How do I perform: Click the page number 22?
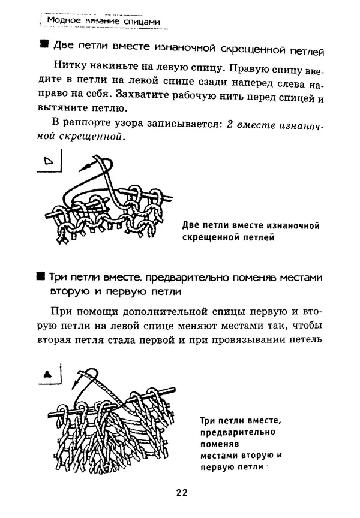(x=182, y=493)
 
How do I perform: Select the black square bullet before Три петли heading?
(x=41, y=276)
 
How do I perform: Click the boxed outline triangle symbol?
(x=49, y=160)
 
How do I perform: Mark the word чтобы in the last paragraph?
(x=305, y=326)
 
